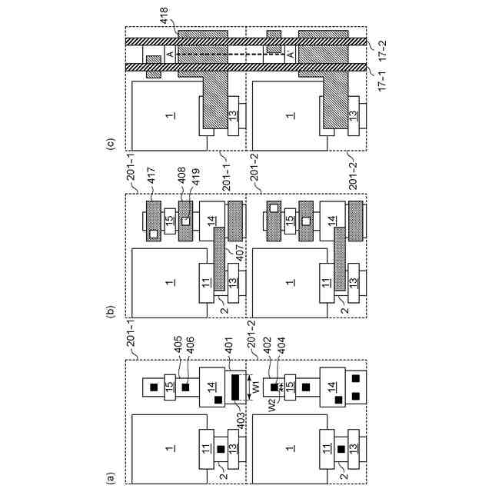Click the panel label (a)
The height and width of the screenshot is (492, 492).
tap(111, 477)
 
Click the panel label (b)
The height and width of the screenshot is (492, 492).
tap(111, 311)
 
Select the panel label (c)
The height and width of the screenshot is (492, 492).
tap(111, 142)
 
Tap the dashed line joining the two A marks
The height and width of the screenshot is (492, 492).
tap(232, 56)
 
